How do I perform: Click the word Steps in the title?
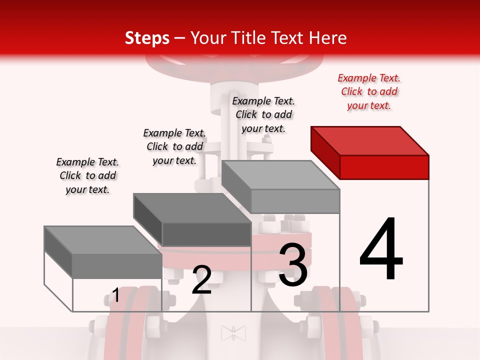coord(147,38)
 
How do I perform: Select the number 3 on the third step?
coord(293,265)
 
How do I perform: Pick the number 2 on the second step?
coord(201,280)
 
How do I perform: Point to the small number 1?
coord(115,295)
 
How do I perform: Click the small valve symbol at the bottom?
coord(233,333)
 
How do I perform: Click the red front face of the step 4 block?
coord(384,167)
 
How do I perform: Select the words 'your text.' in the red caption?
coord(369,105)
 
